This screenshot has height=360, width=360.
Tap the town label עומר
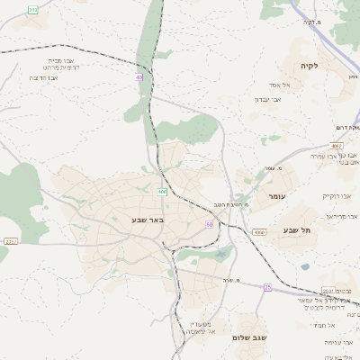point(276,195)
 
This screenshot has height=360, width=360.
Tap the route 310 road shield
point(33,9)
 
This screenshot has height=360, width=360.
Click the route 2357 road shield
point(11,241)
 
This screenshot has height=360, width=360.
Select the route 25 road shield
point(267,286)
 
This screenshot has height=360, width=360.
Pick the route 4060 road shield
point(259,232)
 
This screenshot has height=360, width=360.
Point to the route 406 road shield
point(162,192)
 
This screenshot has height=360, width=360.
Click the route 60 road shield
point(210,224)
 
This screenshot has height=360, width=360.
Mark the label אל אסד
point(275,84)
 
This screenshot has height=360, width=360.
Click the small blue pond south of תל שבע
point(305,266)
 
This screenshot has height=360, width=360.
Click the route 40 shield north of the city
point(139,77)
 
